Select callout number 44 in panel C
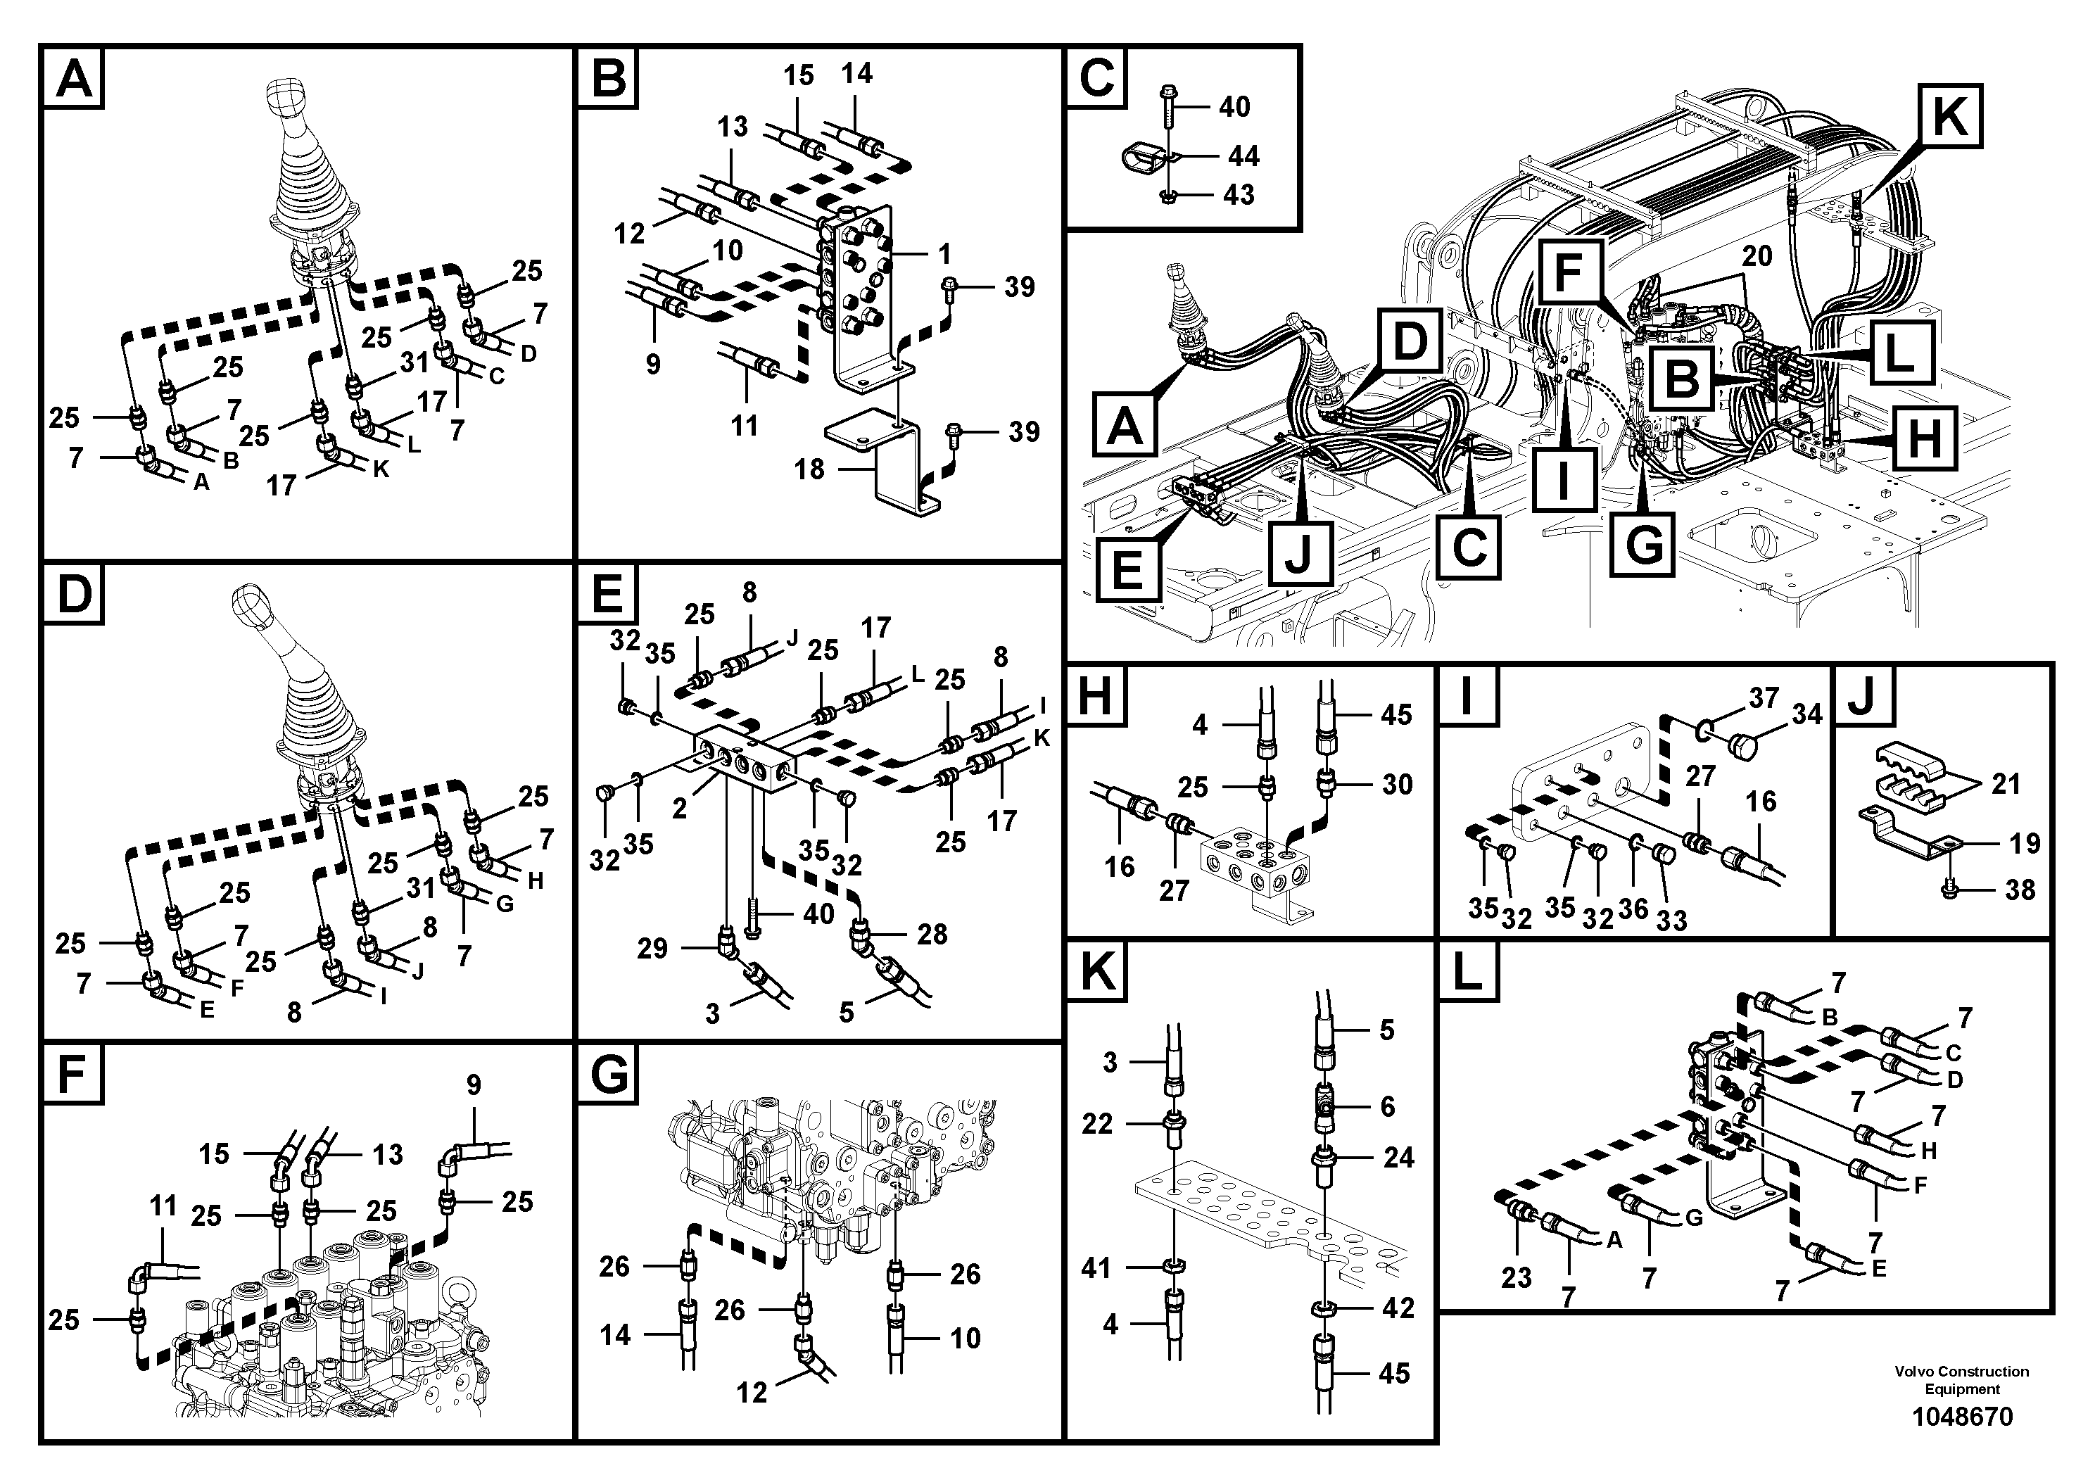click(1243, 156)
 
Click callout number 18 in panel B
click(809, 470)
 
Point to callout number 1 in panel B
click(944, 253)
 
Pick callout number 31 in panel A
click(413, 362)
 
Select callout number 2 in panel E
click(679, 809)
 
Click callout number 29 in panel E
click(652, 949)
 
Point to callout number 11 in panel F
click(163, 1206)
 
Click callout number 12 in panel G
click(752, 1393)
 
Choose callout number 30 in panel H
click(1396, 784)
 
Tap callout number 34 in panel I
click(1806, 714)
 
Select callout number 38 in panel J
click(2019, 890)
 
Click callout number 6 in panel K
click(1387, 1107)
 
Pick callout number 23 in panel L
click(1516, 1277)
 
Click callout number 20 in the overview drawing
click(1757, 256)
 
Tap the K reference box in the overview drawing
click(1950, 116)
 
